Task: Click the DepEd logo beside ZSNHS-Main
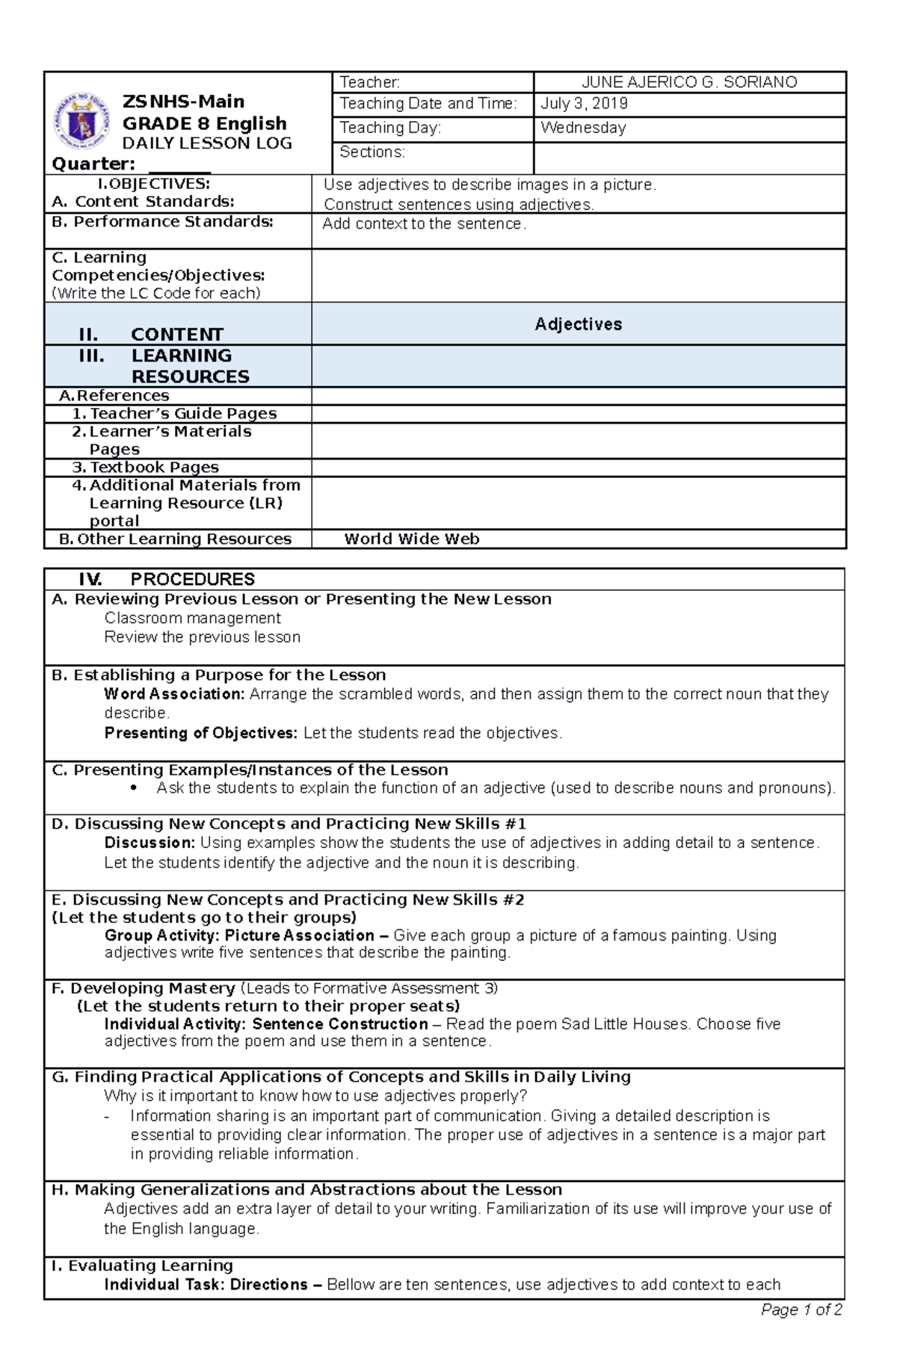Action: pos(81,120)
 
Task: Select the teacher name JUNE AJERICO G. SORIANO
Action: pos(689,82)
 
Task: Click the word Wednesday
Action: pos(583,128)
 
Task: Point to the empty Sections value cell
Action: pos(689,158)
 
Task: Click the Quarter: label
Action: pos(93,164)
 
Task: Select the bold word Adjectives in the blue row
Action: pos(578,324)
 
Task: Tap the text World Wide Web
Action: pos(411,539)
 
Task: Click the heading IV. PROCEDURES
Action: pos(167,580)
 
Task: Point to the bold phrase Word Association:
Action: pos(174,694)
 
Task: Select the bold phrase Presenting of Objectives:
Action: pos(200,733)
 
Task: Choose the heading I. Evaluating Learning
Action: pos(142,1266)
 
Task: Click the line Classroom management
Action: pos(192,619)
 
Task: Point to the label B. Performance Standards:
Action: pos(162,222)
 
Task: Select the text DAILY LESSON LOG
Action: pos(207,143)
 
